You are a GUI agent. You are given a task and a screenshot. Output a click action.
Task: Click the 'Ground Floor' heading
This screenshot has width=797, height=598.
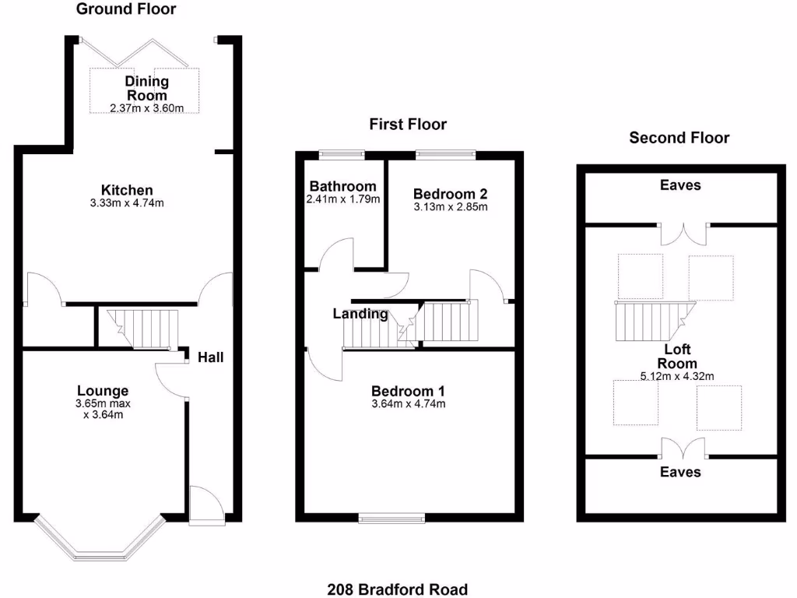[x=125, y=9]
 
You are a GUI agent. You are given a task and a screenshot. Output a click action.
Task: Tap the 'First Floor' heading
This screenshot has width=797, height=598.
[x=408, y=124]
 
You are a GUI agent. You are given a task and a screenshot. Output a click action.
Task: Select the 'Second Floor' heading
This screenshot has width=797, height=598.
[x=679, y=138]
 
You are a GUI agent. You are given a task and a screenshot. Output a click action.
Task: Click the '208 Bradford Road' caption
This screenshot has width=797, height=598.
[x=398, y=589]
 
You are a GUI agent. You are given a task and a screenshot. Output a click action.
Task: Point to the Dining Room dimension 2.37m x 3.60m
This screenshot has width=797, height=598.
[x=146, y=108]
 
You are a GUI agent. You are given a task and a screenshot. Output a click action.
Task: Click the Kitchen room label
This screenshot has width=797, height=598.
[x=127, y=190]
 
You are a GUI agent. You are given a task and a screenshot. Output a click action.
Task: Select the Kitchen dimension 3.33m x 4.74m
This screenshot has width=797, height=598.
[x=127, y=203]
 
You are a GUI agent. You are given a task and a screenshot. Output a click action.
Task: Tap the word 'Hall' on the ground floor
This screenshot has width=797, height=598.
[x=210, y=357]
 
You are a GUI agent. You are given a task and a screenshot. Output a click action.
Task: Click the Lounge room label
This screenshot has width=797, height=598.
[x=103, y=390]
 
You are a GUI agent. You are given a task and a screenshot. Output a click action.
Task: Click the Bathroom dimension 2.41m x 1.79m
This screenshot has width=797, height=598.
[x=343, y=199]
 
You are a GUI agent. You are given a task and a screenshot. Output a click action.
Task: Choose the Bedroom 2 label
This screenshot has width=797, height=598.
[x=450, y=193]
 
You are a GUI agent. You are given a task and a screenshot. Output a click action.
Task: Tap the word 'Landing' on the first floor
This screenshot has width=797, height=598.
[x=360, y=314]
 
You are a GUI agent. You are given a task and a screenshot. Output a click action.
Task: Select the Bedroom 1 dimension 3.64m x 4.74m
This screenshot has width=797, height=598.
[x=408, y=403]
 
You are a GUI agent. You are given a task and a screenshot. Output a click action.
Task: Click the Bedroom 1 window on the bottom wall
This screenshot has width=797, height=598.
[x=392, y=516]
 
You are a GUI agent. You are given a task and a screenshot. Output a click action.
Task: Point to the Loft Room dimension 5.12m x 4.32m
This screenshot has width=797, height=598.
[x=676, y=377]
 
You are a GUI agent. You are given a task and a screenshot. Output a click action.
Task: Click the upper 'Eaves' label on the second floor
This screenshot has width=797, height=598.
[x=679, y=185]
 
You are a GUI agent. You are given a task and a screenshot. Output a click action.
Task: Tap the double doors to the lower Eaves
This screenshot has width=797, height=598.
[x=684, y=448]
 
